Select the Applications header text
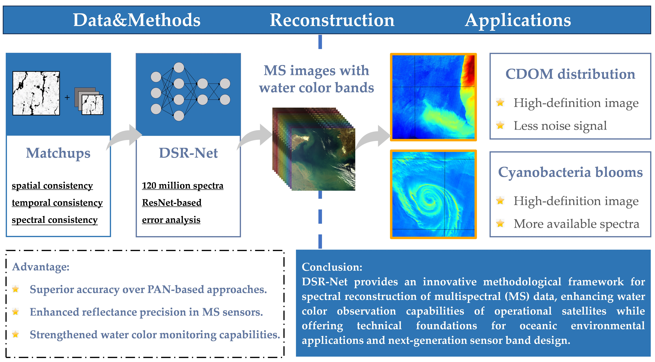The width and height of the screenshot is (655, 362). pyautogui.click(x=518, y=20)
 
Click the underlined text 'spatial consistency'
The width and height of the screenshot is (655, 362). pyautogui.click(x=52, y=186)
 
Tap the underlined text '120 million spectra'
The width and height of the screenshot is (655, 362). pyautogui.click(x=183, y=186)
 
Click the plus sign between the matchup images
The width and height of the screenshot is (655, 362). pyautogui.click(x=67, y=97)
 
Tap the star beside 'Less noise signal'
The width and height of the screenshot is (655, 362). pyautogui.click(x=500, y=125)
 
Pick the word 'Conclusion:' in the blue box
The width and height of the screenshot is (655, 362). pyautogui.click(x=332, y=267)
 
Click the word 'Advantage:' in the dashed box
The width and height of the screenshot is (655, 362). pyautogui.click(x=41, y=267)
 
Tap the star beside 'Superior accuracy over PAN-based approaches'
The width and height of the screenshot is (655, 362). pyautogui.click(x=15, y=289)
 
